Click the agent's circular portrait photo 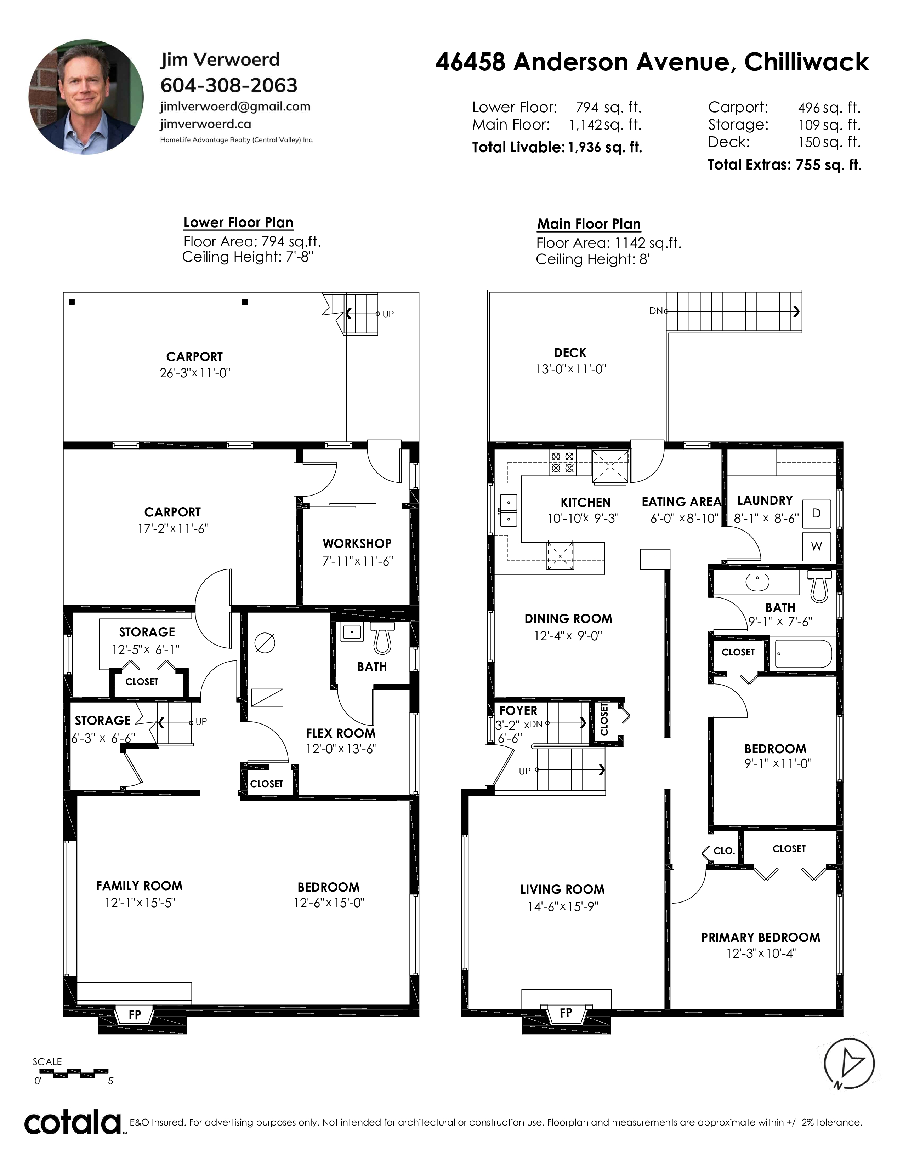(86, 97)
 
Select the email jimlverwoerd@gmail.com (235, 107)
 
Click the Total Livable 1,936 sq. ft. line (557, 147)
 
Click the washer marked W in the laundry (816, 546)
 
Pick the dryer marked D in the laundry (816, 514)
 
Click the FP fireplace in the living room (566, 1013)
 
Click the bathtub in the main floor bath (803, 653)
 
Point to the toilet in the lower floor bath (382, 640)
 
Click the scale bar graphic (74, 1072)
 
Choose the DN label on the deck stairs (656, 311)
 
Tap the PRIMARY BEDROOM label (761, 938)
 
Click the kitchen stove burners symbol (562, 463)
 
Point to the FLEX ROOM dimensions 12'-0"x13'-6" (341, 749)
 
